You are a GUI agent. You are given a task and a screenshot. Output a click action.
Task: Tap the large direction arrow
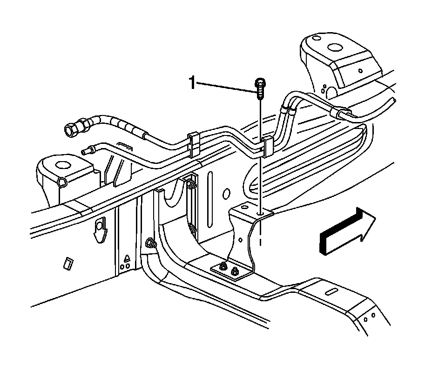click(347, 231)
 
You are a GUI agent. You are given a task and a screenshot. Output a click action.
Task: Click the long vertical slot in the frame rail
click(210, 186)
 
